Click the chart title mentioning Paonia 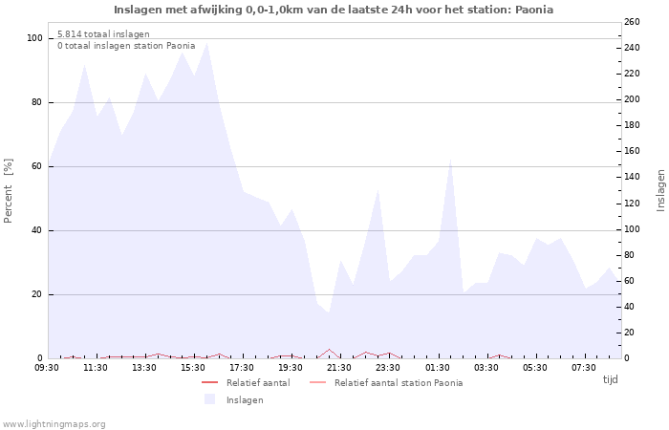pyautogui.click(x=334, y=10)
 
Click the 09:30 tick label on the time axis pyautogui.click(x=47, y=368)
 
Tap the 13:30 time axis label pyautogui.click(x=144, y=368)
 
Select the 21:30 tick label pyautogui.click(x=339, y=368)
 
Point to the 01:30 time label pyautogui.click(x=438, y=368)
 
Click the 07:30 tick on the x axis pyautogui.click(x=584, y=368)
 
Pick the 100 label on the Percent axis pyautogui.click(x=34, y=38)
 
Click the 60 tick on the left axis pyautogui.click(x=37, y=166)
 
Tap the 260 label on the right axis pyautogui.click(x=633, y=21)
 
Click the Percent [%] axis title pyautogui.click(x=9, y=191)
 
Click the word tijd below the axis pyautogui.click(x=610, y=379)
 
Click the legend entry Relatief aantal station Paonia pyautogui.click(x=398, y=383)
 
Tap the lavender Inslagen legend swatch pyautogui.click(x=209, y=399)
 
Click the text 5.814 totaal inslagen pyautogui.click(x=103, y=34)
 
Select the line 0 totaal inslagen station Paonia pyautogui.click(x=126, y=46)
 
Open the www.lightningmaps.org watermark pyautogui.click(x=54, y=423)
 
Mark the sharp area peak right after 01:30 pyautogui.click(x=450, y=159)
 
